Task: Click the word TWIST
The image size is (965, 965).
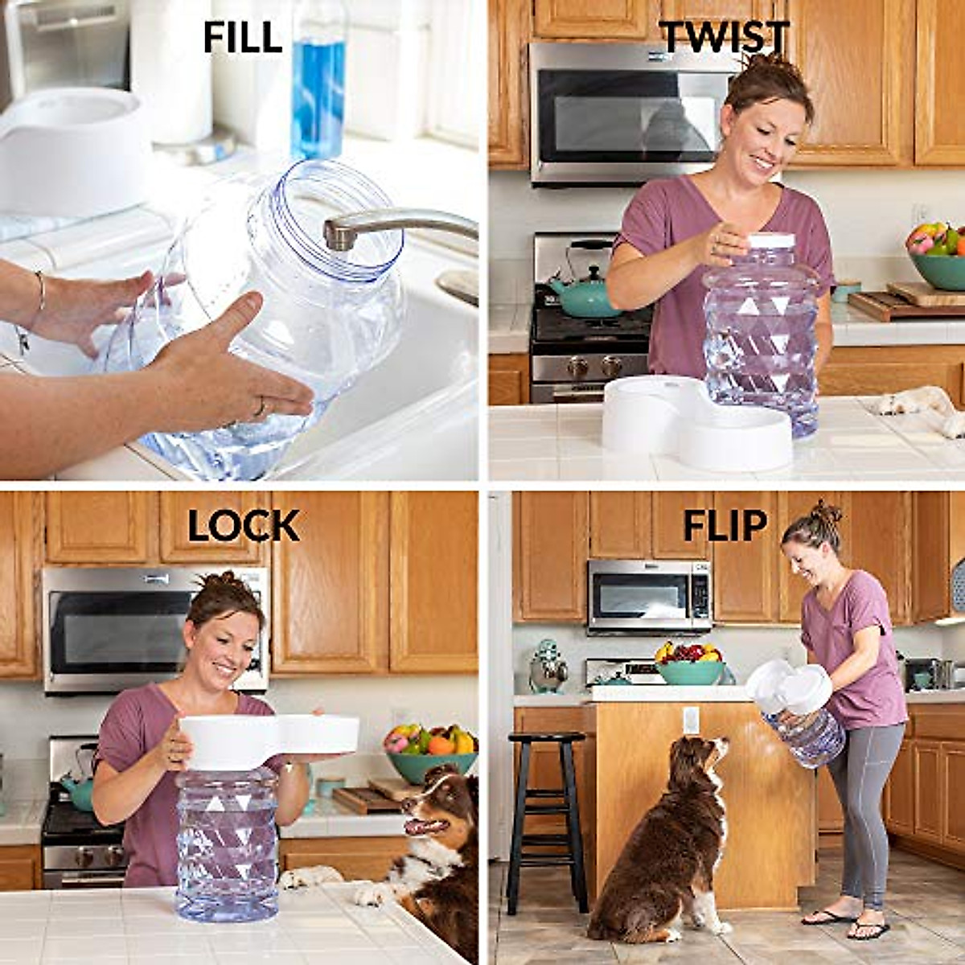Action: click(x=724, y=36)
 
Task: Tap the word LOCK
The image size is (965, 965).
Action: click(x=244, y=527)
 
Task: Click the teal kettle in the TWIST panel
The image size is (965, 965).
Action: click(x=585, y=294)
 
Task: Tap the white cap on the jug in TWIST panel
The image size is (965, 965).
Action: click(x=770, y=240)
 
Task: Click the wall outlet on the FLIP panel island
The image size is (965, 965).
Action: click(x=690, y=720)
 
